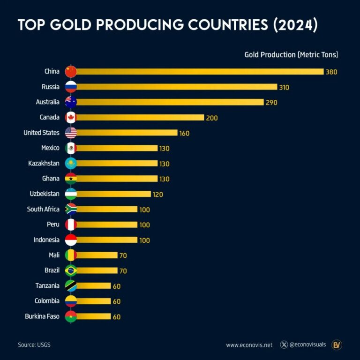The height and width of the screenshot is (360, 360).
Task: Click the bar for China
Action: (200, 72)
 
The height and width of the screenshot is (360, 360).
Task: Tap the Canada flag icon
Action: (71, 118)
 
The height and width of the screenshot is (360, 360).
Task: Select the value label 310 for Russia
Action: (284, 87)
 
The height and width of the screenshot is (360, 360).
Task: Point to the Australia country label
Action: (47, 102)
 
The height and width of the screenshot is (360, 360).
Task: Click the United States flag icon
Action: (71, 133)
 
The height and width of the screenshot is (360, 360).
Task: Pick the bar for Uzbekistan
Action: (113, 194)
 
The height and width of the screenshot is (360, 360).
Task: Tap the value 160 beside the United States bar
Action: (184, 133)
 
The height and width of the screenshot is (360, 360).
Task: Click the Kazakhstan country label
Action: (44, 163)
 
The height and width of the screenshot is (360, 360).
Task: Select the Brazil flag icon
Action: (71, 270)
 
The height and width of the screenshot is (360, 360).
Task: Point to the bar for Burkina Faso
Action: (94, 316)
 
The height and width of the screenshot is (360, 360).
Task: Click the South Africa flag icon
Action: (71, 209)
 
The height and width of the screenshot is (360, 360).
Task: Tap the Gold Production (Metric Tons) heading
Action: (291, 55)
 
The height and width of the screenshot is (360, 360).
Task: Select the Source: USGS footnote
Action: (34, 345)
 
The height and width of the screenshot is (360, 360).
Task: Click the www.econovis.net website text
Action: (249, 345)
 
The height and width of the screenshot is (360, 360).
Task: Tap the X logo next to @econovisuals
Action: (284, 345)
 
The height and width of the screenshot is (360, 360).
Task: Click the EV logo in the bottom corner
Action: (337, 345)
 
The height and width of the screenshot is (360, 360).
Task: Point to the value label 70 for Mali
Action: (123, 255)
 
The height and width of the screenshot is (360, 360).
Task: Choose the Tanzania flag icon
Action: (71, 285)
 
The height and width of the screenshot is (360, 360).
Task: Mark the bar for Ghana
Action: (117, 179)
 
